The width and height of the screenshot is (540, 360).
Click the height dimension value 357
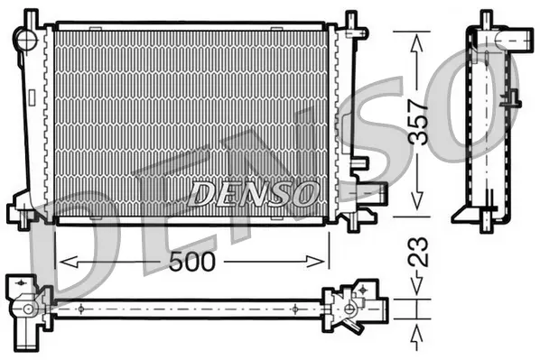click(x=417, y=122)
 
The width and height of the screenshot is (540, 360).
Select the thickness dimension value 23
click(x=417, y=252)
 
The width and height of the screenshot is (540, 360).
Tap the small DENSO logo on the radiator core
click(x=254, y=192)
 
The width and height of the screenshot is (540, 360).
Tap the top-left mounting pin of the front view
click(x=32, y=17)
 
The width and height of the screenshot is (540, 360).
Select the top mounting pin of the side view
click(x=486, y=18)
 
